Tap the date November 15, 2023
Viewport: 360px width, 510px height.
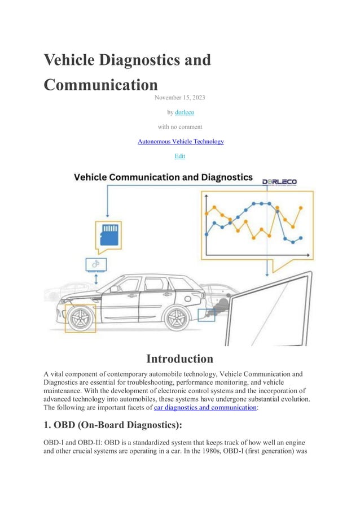coord(180,98)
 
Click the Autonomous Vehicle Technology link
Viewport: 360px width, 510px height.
coord(181,141)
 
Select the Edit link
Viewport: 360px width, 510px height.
coord(180,156)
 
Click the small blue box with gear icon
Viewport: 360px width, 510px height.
coord(95,264)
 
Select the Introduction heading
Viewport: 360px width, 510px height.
coord(179,359)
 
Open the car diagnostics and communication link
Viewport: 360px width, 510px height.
coord(205,407)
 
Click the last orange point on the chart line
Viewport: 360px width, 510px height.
coord(300,208)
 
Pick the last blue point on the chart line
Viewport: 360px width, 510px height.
coord(300,238)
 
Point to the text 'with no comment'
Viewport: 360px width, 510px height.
coord(180,127)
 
